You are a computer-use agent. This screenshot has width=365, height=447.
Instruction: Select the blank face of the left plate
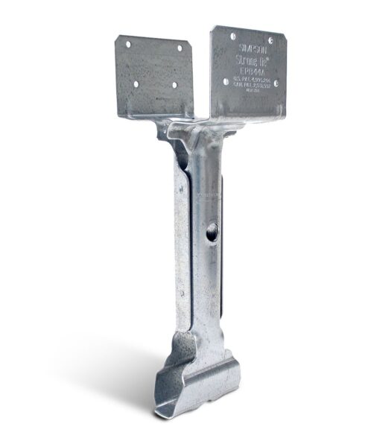pos(153,71)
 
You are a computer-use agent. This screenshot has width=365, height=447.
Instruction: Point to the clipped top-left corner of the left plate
pos(118,37)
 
